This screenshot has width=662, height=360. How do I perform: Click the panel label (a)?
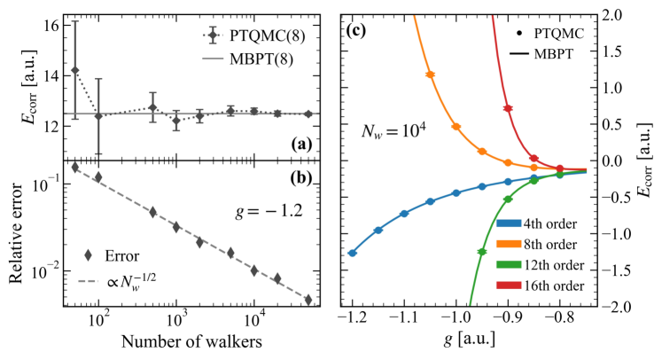[x=297, y=143]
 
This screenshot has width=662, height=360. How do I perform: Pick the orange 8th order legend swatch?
[x=513, y=244]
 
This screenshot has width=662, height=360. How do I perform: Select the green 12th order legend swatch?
[x=513, y=264]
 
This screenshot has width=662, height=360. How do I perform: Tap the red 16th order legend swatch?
[x=513, y=285]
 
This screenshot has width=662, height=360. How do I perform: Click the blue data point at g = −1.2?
[x=353, y=253]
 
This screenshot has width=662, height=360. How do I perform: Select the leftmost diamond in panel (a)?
[x=75, y=70]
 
